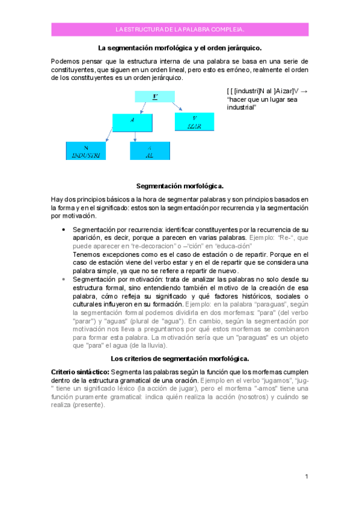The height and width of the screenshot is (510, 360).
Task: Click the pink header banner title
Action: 180,29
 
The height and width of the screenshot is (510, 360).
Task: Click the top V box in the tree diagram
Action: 155,96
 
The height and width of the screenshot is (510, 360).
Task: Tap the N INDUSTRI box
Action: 85,150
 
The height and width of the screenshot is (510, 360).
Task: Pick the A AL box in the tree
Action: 150,150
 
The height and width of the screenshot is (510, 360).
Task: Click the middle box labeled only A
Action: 132,121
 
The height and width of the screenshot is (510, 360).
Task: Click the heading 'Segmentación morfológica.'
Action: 180,186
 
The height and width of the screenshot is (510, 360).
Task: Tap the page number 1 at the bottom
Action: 306,477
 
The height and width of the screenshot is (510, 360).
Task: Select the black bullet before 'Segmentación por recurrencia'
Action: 64,230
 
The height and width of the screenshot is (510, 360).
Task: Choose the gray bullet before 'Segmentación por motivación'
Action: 64,280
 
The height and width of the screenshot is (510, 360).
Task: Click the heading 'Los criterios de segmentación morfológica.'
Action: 180,358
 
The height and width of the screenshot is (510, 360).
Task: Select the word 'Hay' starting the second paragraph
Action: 56,199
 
